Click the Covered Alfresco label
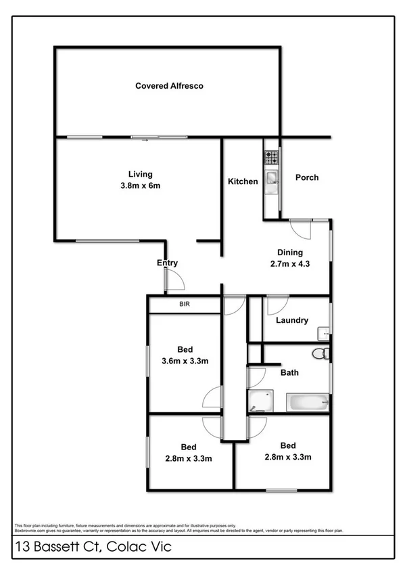pyautogui.click(x=169, y=86)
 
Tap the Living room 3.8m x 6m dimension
pyautogui.click(x=141, y=185)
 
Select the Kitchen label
pyautogui.click(x=243, y=181)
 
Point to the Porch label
pyautogui.click(x=307, y=178)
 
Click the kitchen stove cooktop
pyautogui.click(x=271, y=158)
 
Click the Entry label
pyautogui.click(x=167, y=263)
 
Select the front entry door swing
pyautogui.click(x=174, y=279)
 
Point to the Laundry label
pyautogui.click(x=293, y=320)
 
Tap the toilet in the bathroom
pyautogui.click(x=320, y=353)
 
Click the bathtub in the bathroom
pyautogui.click(x=308, y=403)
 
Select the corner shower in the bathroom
pyautogui.click(x=260, y=401)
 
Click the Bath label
pyautogui.click(x=290, y=372)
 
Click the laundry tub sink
pyautogui.click(x=323, y=332)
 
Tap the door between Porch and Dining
pyautogui.click(x=299, y=228)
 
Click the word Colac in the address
pyautogui.click(x=127, y=547)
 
